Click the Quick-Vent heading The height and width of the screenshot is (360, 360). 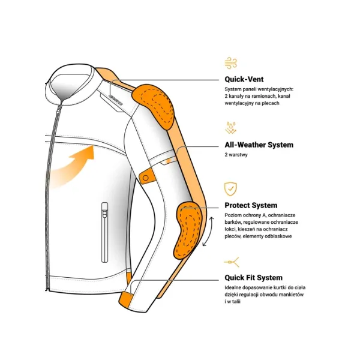tap(244, 79)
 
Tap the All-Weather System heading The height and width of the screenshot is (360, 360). tap(259, 145)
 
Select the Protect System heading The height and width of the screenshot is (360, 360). tap(251, 205)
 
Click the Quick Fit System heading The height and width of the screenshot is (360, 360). tap(253, 277)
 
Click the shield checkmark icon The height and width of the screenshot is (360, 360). tap(230, 188)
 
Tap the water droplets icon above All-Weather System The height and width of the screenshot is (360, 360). tap(230, 127)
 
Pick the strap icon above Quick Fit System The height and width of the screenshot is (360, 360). tap(230, 262)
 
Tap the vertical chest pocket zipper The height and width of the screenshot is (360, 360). tap(104, 231)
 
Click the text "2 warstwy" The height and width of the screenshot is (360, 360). tap(236, 155)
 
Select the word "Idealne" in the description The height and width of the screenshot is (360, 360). tap(233, 288)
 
